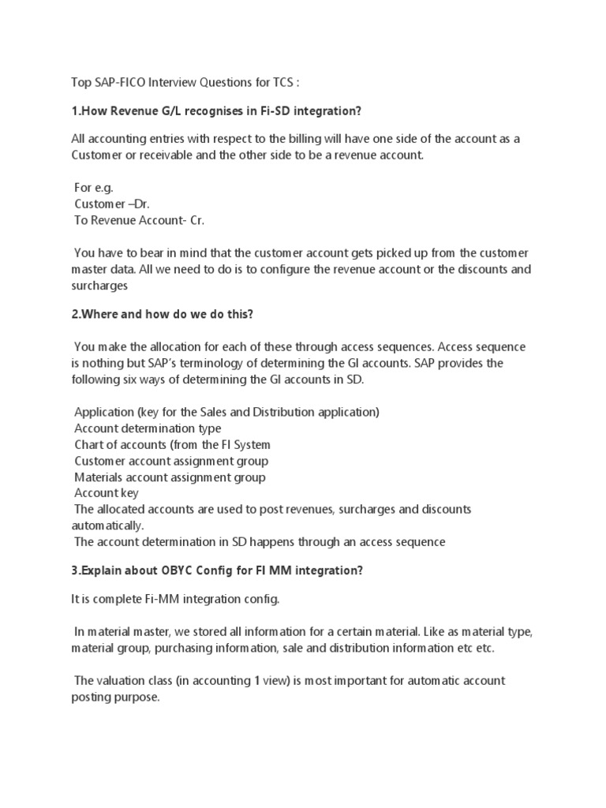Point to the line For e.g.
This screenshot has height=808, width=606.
94,188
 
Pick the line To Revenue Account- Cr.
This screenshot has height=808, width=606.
139,220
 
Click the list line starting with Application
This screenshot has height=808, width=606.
226,412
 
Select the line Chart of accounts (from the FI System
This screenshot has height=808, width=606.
172,444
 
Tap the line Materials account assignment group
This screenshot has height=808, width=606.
170,477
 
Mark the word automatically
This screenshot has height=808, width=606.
106,525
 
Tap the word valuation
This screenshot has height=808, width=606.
116,680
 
